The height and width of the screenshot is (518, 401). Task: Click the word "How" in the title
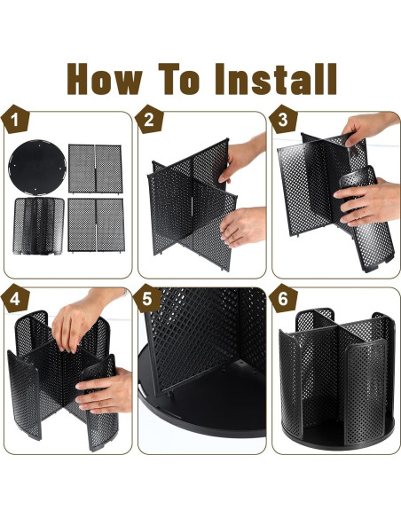pyautogui.click(x=105, y=79)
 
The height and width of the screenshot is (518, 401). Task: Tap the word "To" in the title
pyautogui.click(x=180, y=79)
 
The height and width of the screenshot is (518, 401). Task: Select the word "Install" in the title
pyautogui.click(x=276, y=79)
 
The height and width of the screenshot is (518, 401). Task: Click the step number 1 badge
pyautogui.click(x=15, y=119)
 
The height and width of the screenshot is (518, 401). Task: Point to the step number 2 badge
pyautogui.click(x=149, y=119)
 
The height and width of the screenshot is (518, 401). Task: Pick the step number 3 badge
pyautogui.click(x=283, y=119)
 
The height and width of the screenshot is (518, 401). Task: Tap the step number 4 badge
pyautogui.click(x=15, y=298)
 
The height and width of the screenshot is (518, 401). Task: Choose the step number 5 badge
pyautogui.click(x=147, y=298)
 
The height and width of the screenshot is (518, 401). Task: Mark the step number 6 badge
pyautogui.click(x=283, y=298)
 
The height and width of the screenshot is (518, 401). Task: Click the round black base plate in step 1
pyautogui.click(x=37, y=167)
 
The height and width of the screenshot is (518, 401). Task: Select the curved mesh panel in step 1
pyautogui.click(x=38, y=226)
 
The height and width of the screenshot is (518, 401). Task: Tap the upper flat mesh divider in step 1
pyautogui.click(x=96, y=169)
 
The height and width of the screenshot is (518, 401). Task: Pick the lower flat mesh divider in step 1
pyautogui.click(x=96, y=225)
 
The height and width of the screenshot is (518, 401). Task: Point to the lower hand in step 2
pyautogui.click(x=243, y=227)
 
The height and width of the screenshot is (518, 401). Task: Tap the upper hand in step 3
pyautogui.click(x=369, y=127)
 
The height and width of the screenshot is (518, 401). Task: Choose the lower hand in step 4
pyautogui.click(x=105, y=391)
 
